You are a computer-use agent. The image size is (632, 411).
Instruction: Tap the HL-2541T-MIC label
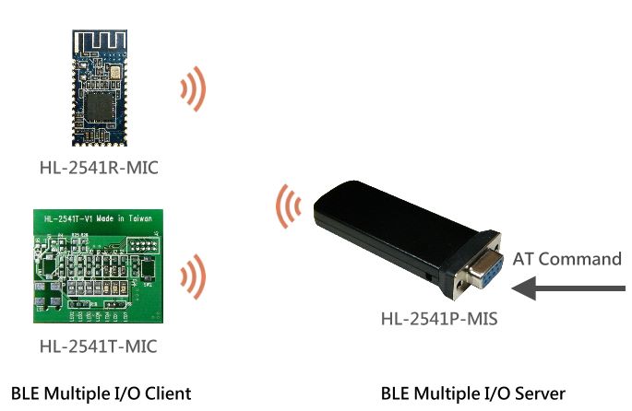point(99,347)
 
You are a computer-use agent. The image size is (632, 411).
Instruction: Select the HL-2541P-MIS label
point(439,320)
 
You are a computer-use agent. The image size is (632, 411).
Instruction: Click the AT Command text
point(566,259)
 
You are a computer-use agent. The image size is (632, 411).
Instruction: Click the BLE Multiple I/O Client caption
point(101,393)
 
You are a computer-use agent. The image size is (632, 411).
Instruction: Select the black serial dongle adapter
point(397,235)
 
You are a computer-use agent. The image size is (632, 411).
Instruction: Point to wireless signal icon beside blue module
point(193,91)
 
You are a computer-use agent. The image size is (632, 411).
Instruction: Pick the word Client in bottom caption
point(166,393)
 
